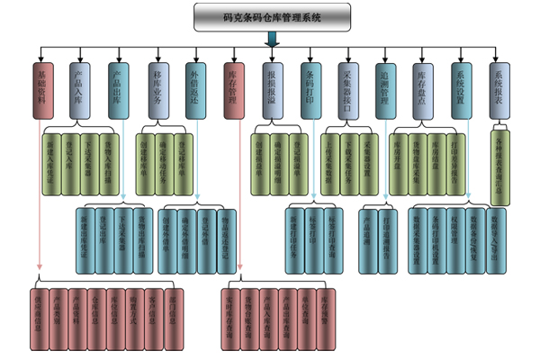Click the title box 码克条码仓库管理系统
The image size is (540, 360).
click(x=271, y=15)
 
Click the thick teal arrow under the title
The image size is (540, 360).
click(x=271, y=40)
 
